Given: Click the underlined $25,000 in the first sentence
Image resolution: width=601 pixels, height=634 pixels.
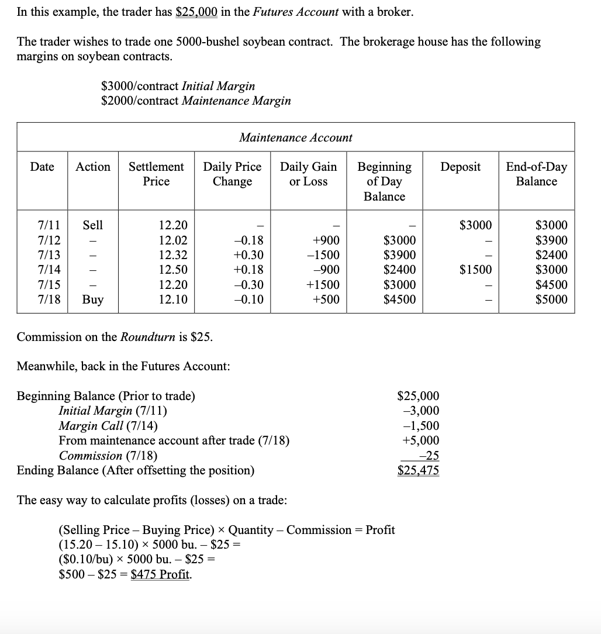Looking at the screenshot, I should (196, 12).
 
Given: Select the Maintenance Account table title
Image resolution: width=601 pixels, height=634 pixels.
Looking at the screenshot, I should (295, 137).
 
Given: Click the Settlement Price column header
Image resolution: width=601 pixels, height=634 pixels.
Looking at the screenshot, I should (156, 174).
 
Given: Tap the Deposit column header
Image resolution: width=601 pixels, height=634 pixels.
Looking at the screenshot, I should (460, 167).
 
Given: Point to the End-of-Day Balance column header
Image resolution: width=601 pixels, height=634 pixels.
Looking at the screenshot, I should (536, 174).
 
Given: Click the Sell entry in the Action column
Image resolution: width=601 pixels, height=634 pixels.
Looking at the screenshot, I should (93, 225).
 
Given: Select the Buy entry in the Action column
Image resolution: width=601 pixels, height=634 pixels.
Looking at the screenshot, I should (93, 300).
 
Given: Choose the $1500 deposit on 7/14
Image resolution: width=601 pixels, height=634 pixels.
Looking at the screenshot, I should (476, 270).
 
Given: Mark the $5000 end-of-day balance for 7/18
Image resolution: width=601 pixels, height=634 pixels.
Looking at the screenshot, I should (551, 300).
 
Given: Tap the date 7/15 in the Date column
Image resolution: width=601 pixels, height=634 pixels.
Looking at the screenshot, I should (47, 285).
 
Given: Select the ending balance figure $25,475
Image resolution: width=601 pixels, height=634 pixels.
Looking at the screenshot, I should (418, 470).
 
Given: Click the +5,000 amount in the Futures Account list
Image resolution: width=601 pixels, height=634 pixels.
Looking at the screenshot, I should (421, 440).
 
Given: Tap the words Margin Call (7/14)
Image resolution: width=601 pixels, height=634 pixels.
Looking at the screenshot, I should (108, 426).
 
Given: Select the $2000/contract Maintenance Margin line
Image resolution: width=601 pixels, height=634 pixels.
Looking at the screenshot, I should (196, 101).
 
